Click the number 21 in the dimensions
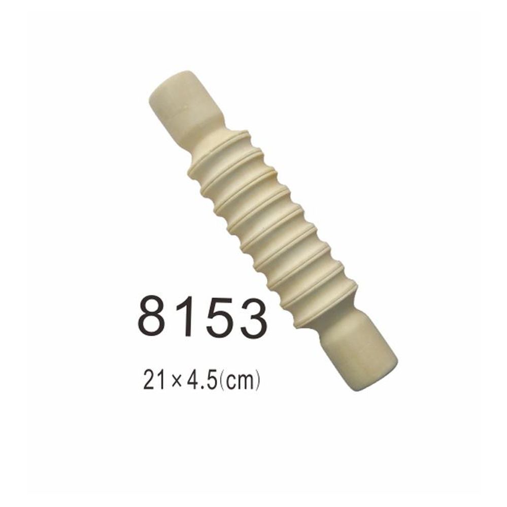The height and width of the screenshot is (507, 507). [156, 379]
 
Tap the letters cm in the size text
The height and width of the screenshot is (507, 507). [239, 381]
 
